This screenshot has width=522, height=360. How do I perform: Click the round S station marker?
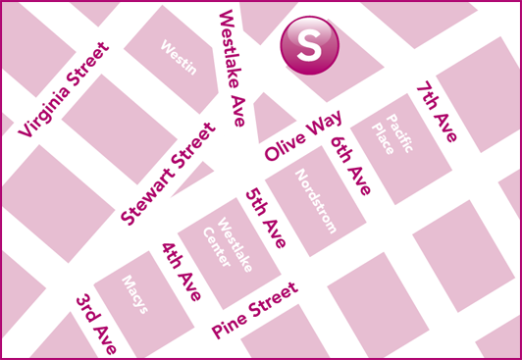[309, 45]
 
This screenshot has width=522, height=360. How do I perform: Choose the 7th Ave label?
[436, 113]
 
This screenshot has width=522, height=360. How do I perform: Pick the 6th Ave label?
[351, 166]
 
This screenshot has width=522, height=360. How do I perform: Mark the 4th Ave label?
[182, 270]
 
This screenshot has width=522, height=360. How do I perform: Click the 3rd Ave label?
[97, 323]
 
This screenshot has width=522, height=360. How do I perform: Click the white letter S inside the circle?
[309, 45]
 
